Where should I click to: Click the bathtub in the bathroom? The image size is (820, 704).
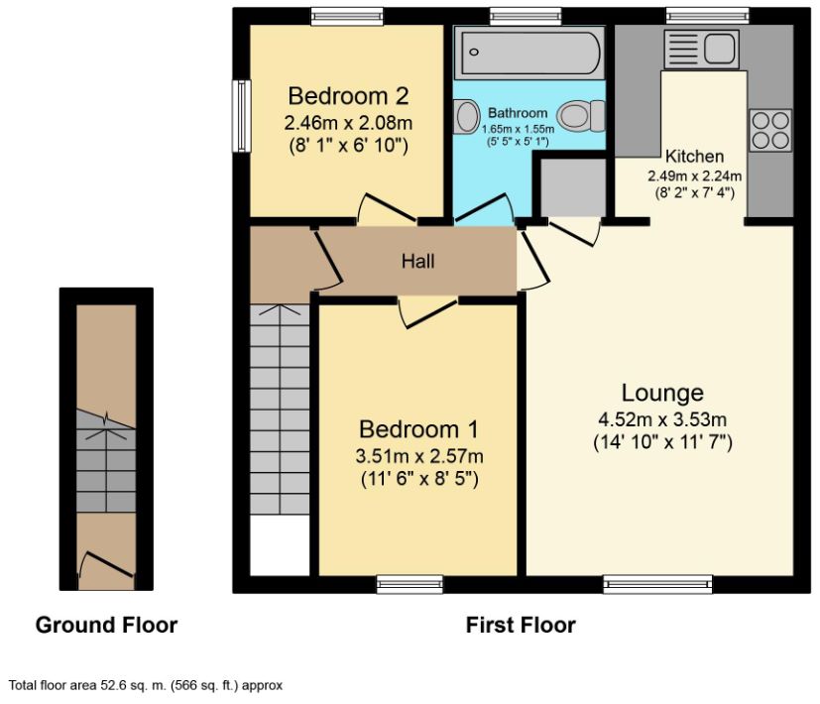coord(528,53)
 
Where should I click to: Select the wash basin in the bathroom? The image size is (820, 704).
coord(466,118)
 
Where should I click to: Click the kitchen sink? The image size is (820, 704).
coord(703,48)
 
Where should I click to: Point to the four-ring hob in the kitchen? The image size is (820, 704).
coord(769,129)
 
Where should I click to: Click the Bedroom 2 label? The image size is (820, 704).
coord(348,96)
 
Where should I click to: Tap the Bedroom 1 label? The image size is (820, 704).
coord(418,429)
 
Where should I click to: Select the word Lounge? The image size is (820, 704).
coord(662,392)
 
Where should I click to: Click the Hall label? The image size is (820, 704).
coord(417,262)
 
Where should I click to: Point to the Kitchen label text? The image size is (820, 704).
coord(694,157)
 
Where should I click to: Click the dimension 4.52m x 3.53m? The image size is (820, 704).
coord(662,417)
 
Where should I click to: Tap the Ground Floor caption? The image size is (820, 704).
coord(106,625)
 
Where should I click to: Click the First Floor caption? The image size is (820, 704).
coord(521,625)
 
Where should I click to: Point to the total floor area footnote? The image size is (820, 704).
coord(146,684)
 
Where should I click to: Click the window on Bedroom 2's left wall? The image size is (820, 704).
coord(240,116)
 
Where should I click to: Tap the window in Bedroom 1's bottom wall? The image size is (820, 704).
coord(410,585)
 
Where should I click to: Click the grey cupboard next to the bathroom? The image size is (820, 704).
coord(571,185)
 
